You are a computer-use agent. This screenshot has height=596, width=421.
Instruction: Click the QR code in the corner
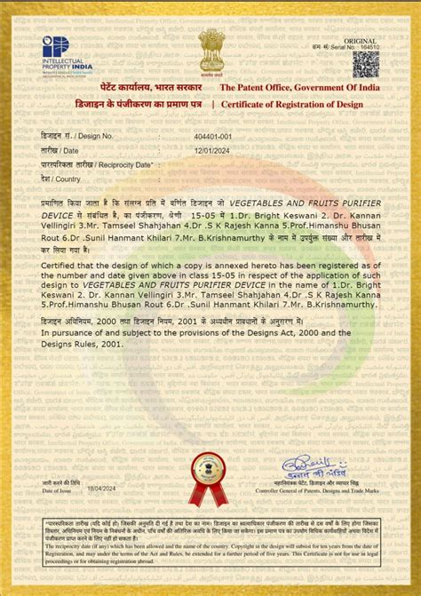pos(365,65)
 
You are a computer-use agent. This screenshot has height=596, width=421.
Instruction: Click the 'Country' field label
pos(68,179)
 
